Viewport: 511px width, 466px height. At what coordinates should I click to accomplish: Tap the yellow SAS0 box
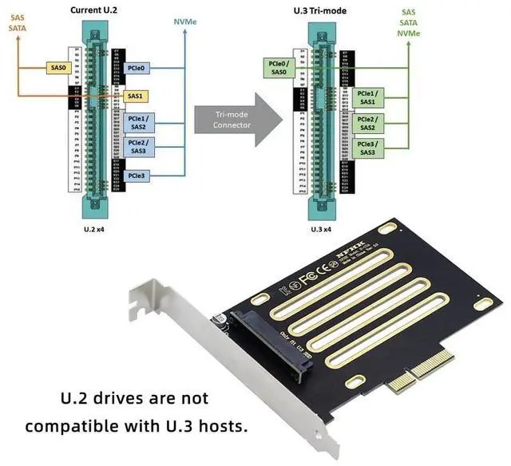59,68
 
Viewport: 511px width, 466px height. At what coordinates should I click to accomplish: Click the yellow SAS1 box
136,96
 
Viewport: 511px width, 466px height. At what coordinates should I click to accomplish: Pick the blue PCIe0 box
136,68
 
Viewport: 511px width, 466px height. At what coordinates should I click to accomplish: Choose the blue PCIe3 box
136,175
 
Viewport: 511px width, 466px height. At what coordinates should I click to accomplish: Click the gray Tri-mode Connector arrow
237,120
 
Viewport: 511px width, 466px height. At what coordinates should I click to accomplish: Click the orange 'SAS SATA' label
17,22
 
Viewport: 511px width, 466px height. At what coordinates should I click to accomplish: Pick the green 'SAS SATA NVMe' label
408,22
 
